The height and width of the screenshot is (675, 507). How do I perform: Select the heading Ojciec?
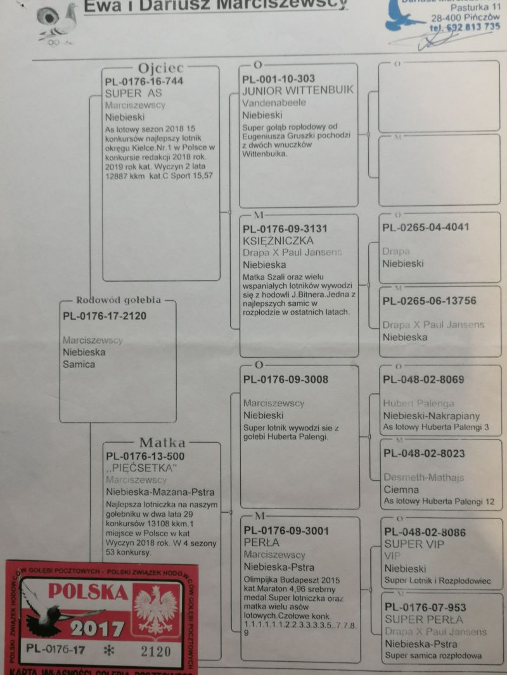162,68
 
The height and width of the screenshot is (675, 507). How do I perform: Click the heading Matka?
162,443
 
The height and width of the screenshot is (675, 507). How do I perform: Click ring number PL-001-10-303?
278,79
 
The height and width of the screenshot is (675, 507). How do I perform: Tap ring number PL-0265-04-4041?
426,227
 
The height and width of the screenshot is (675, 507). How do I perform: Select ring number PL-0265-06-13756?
429,301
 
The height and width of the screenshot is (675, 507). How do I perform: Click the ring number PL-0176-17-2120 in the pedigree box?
105,316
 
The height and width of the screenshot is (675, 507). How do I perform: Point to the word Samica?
78,364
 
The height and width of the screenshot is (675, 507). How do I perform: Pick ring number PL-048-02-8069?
423,380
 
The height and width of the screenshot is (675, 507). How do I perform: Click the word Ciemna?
401,489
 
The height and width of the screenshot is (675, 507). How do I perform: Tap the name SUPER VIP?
414,545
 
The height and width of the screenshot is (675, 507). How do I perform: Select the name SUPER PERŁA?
423,619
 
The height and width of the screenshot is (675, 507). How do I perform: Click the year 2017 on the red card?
97,629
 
